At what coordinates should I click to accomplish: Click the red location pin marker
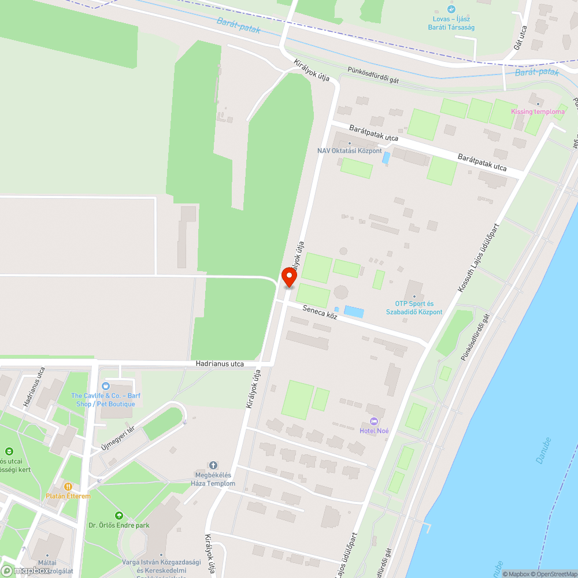coord(288,277)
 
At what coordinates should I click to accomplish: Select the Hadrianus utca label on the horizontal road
coord(219,364)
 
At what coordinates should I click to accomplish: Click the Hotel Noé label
coord(374,431)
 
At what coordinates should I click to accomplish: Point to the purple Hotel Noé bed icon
coord(373,421)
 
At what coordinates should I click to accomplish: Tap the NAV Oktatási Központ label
coord(349,151)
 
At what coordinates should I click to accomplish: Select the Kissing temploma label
coord(538,112)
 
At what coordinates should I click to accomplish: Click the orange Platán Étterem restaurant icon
coord(68,487)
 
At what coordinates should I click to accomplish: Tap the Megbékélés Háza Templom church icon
coord(213,465)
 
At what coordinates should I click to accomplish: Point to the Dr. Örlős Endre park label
coord(119,525)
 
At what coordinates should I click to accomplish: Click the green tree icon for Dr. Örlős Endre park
coord(119,515)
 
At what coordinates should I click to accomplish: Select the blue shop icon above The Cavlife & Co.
coord(106,386)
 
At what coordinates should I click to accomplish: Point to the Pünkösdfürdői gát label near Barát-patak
coord(373,76)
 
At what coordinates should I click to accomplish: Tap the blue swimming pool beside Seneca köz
coord(354,312)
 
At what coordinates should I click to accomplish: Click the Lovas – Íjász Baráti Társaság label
coord(451,23)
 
